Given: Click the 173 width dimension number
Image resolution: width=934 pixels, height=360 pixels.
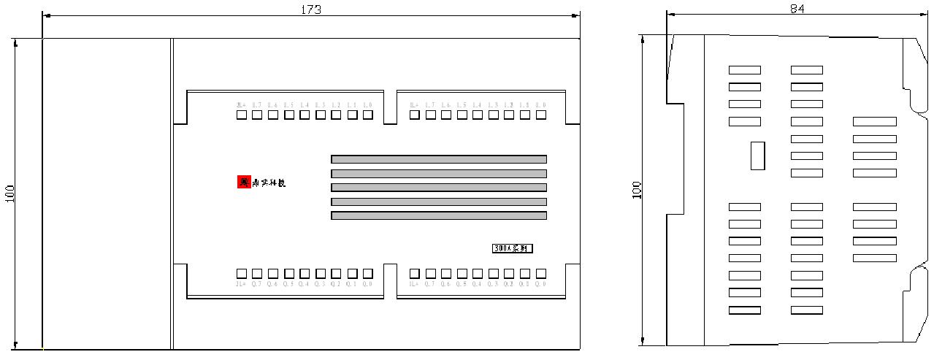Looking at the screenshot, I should click(311, 9).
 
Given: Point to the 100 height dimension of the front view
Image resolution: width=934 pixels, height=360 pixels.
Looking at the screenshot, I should click(9, 193).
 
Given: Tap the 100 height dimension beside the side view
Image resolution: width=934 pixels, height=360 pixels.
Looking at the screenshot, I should click(638, 190).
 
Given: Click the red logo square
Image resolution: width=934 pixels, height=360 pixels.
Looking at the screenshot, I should click(243, 182).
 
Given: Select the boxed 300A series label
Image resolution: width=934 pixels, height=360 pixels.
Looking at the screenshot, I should click(512, 248).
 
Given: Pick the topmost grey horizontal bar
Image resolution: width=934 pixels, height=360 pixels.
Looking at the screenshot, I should click(439, 159).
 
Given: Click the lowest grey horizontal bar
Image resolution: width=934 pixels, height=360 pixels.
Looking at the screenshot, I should click(439, 215).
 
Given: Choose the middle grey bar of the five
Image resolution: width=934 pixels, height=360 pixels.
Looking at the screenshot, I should click(439, 187).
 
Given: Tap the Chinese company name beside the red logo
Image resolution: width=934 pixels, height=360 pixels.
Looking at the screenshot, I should click(268, 183).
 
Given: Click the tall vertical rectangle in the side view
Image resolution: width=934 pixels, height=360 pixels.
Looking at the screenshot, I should click(757, 156).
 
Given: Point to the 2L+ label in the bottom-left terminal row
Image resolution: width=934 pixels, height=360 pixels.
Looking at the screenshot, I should click(240, 284).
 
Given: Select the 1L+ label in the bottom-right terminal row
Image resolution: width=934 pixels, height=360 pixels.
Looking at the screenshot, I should click(414, 284).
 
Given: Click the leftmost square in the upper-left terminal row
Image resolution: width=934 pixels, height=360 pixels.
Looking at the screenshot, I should click(241, 115).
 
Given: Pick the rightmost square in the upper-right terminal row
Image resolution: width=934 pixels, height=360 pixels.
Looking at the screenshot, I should click(541, 115).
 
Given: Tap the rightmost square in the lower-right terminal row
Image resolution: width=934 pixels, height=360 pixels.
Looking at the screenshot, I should click(541, 273).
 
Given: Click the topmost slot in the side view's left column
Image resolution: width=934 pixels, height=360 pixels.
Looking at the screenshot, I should click(744, 70).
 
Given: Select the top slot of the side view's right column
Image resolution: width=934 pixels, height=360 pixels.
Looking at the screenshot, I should click(874, 121).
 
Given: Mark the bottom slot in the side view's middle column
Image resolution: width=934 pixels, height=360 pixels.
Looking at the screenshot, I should click(806, 310).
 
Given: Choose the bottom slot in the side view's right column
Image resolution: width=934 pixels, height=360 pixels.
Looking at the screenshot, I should click(874, 258).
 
